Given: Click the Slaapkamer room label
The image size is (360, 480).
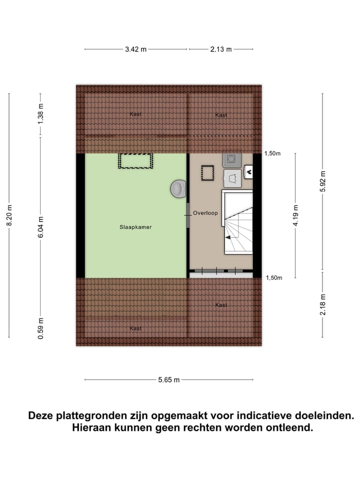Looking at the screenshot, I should [135, 227].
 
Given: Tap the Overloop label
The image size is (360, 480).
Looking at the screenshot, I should [205, 213].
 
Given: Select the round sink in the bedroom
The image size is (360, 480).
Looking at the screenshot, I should [177, 188].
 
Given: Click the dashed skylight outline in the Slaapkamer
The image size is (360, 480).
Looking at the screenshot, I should [135, 161].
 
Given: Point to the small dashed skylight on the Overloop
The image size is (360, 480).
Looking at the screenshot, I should [207, 172].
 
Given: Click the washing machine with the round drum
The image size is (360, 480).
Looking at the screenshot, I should [231, 159].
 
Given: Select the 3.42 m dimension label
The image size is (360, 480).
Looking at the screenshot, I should [135, 49].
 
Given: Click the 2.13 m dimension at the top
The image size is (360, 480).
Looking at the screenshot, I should [221, 49].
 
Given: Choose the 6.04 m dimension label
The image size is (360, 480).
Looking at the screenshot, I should [41, 226].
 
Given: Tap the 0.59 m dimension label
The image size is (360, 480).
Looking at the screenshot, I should [41, 328].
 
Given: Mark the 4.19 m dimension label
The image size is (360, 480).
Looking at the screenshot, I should [296, 216].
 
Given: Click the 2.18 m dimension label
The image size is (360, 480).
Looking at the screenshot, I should [323, 305].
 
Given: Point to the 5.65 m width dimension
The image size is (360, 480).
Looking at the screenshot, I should [168, 380].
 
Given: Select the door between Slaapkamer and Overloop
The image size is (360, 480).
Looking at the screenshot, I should [188, 215].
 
